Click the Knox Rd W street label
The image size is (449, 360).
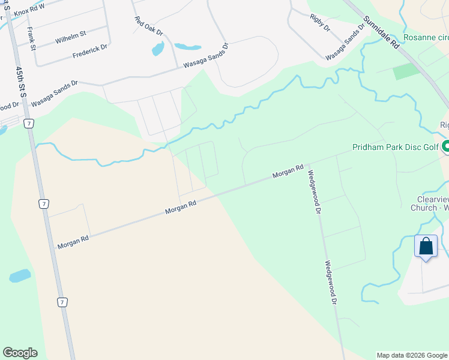tap(29, 10)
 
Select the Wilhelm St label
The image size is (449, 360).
tap(71, 38)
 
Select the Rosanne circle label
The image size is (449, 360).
tap(426, 37)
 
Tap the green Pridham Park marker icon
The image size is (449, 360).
tap(446, 146)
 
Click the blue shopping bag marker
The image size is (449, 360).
tap(426, 247)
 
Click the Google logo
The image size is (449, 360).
tap(20, 353)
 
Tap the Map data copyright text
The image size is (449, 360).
tap(412, 355)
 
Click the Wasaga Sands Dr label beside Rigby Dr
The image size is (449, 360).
tap(345, 41)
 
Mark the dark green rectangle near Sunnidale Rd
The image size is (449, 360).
tap(407, 71)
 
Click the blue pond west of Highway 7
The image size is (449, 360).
tap(20, 276)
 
